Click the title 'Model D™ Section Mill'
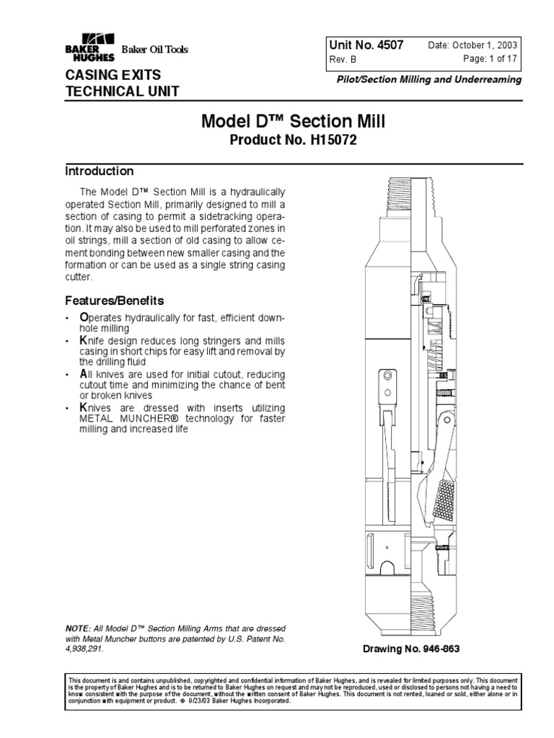(x=292, y=122)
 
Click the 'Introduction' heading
(x=100, y=172)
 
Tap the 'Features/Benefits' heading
(x=115, y=300)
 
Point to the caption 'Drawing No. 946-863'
(x=411, y=649)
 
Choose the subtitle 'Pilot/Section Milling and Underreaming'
(x=429, y=80)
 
